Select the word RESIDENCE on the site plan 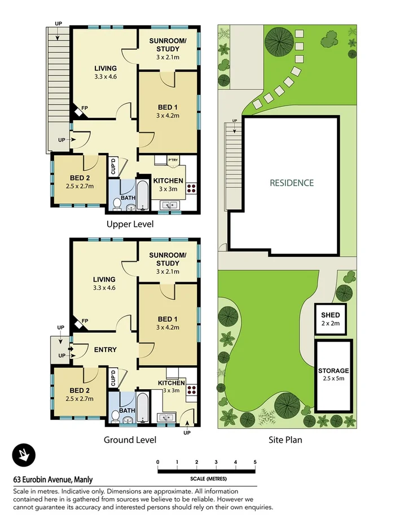coord(291,183)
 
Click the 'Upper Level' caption coord(130,224)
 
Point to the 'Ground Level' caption coord(130,440)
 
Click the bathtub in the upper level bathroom coord(143,194)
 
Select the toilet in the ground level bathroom coord(116,416)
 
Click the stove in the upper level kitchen coord(191,188)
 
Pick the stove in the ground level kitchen coord(191,389)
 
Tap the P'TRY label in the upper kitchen coord(173,161)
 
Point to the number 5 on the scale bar coord(255,462)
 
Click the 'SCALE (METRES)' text coord(207,479)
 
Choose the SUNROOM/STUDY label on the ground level coord(167,259)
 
